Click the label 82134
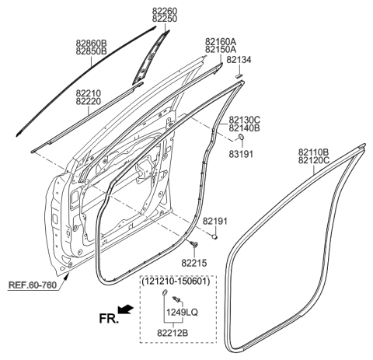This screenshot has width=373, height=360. [x=239, y=59]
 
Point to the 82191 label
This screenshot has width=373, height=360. [x=215, y=222]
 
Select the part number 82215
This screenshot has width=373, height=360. [x=193, y=264]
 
